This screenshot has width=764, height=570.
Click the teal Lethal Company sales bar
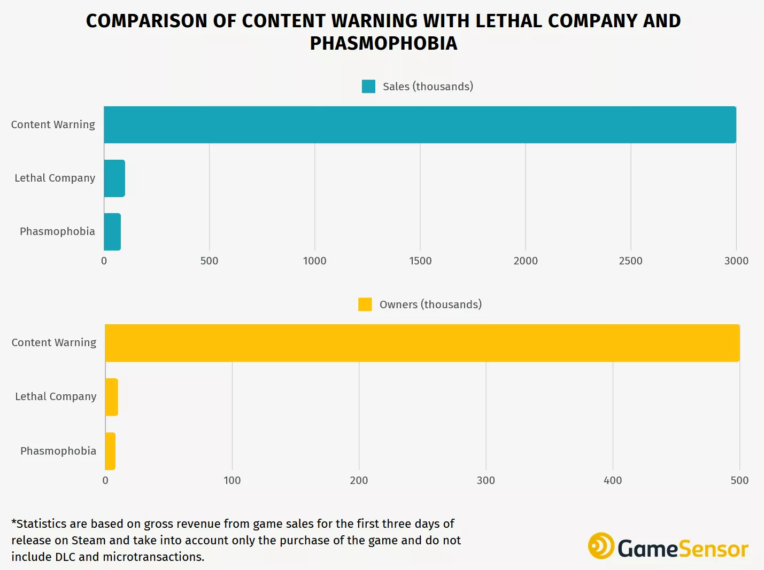pyautogui.click(x=114, y=178)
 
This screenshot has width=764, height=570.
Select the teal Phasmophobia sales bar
pyautogui.click(x=112, y=232)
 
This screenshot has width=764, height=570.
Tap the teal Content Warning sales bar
pyautogui.click(x=420, y=125)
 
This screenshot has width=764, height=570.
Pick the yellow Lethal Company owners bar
pyautogui.click(x=111, y=397)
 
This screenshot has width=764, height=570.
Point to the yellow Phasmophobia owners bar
pyautogui.click(x=110, y=451)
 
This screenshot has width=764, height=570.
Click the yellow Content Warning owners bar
pyautogui.click(x=422, y=343)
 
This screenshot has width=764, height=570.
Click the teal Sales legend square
pyautogui.click(x=368, y=87)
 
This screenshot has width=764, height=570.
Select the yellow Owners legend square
pyautogui.click(x=365, y=304)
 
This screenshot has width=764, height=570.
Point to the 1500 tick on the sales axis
pyautogui.click(x=420, y=261)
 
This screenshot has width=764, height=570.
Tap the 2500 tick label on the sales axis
pyautogui.click(x=631, y=261)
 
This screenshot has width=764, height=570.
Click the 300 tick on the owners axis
pyautogui.click(x=486, y=480)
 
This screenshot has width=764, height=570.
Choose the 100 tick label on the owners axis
pyautogui.click(x=232, y=480)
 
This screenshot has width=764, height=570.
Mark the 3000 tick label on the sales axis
pyautogui.click(x=736, y=261)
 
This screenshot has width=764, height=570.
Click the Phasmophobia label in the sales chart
pyautogui.click(x=57, y=231)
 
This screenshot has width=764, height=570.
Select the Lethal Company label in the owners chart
pyautogui.click(x=56, y=396)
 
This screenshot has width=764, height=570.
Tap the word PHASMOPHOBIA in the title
pyautogui.click(x=383, y=43)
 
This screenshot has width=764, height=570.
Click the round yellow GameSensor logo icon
pyautogui.click(x=601, y=546)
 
